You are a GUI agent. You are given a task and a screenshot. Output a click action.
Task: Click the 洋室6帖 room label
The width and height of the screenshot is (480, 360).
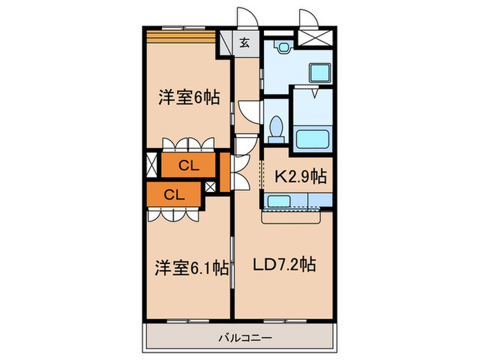(189, 97)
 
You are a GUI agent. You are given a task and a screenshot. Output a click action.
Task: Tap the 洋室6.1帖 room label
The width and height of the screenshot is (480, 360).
(191, 267)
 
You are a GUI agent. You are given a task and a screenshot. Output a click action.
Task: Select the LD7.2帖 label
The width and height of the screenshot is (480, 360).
(284, 264)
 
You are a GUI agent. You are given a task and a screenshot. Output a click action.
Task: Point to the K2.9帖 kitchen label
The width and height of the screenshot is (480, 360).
(300, 176)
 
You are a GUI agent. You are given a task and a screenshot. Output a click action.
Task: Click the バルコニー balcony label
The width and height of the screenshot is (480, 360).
(245, 338)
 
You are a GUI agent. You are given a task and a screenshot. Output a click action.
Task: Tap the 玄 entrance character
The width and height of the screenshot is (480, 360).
(244, 43)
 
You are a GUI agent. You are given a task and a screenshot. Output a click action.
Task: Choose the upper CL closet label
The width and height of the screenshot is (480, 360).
(189, 166)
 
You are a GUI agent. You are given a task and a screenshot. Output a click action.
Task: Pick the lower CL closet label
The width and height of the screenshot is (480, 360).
(174, 194)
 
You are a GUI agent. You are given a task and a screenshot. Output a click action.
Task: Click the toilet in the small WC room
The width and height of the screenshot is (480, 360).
(276, 129)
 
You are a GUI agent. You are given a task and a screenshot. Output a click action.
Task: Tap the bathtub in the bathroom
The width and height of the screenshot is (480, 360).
(313, 139)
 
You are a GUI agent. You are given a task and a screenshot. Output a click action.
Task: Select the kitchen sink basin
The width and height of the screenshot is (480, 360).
(279, 202)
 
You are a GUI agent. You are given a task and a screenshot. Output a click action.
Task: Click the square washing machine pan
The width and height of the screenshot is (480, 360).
(320, 73)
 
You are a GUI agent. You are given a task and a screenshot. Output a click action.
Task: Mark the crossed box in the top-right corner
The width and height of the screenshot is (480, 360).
(315, 37)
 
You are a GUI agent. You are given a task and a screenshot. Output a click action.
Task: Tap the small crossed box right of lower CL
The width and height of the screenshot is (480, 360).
(211, 187)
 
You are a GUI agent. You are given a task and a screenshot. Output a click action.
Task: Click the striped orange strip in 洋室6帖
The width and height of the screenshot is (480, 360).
(181, 37)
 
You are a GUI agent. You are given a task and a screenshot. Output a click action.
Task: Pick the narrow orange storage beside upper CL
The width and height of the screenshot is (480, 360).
(225, 172)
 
